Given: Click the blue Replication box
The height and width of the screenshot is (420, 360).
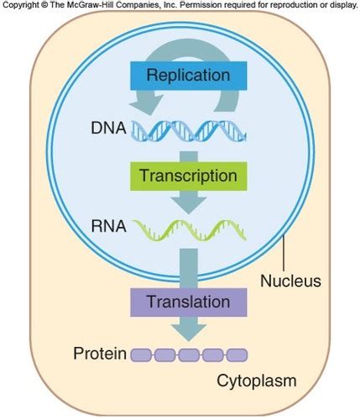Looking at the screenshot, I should click(188, 75).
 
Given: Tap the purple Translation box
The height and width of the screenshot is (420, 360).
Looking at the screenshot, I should click(188, 300).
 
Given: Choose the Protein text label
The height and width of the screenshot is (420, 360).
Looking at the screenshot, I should click(98, 354).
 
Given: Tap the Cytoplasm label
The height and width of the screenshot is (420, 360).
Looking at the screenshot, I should click(257, 381).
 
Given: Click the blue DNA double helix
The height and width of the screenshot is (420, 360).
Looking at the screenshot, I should click(189, 129).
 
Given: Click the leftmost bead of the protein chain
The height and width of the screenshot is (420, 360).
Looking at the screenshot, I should click(141, 354).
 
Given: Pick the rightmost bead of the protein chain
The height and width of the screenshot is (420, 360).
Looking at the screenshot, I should click(237, 354).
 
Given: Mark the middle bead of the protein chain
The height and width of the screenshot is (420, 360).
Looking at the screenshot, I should click(189, 354).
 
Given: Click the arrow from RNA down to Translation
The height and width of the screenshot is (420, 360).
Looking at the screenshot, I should click(188, 265).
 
